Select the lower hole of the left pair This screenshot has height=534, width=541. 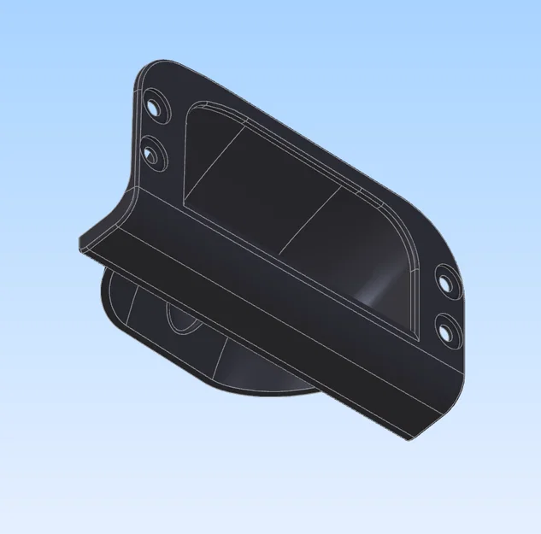coord(155,156)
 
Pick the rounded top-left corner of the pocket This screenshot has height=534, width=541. coord(196,107)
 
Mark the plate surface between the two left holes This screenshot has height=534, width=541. coord(156,132)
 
